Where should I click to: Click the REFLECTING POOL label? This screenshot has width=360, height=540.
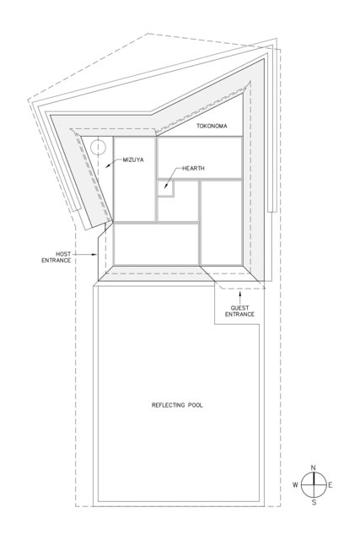(x=179, y=406)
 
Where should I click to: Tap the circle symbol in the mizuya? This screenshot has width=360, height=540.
(x=99, y=147)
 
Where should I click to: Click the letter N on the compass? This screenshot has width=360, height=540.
(x=314, y=467)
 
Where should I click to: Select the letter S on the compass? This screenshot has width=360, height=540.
(x=314, y=503)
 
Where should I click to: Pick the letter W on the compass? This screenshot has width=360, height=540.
(x=295, y=485)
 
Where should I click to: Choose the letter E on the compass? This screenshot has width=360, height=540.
(x=330, y=485)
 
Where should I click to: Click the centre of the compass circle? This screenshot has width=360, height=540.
(x=314, y=485)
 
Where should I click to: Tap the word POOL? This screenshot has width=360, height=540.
(x=195, y=406)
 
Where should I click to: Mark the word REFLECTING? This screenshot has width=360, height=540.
(x=169, y=406)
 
